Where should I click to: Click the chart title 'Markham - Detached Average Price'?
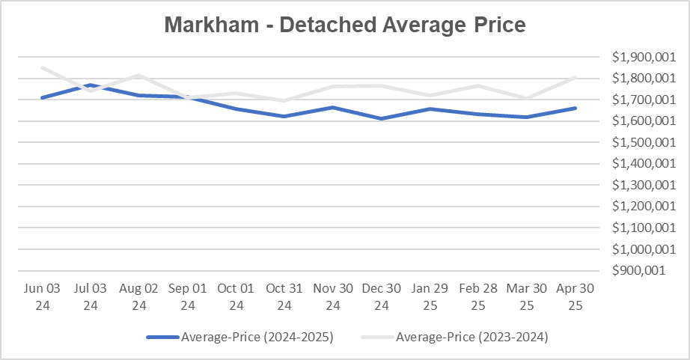click(x=345, y=25)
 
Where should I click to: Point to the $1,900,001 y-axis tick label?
click(x=638, y=57)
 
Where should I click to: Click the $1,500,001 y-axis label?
click(x=638, y=142)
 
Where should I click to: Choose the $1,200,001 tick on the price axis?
click(x=638, y=206)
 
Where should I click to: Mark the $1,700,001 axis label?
click(x=638, y=100)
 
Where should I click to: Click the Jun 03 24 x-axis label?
click(x=42, y=296)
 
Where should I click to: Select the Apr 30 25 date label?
click(x=575, y=296)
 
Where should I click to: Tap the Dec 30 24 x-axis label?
click(x=382, y=296)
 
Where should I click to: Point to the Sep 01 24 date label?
click(x=188, y=296)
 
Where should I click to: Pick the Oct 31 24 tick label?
click(x=284, y=296)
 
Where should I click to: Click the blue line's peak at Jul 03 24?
click(x=91, y=85)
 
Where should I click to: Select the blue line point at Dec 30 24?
click(x=382, y=118)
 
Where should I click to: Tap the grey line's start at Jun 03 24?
click(x=42, y=67)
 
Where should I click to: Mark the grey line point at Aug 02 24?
click(x=139, y=76)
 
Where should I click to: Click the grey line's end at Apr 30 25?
click(x=575, y=77)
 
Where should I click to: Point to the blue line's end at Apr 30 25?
click(x=575, y=108)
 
